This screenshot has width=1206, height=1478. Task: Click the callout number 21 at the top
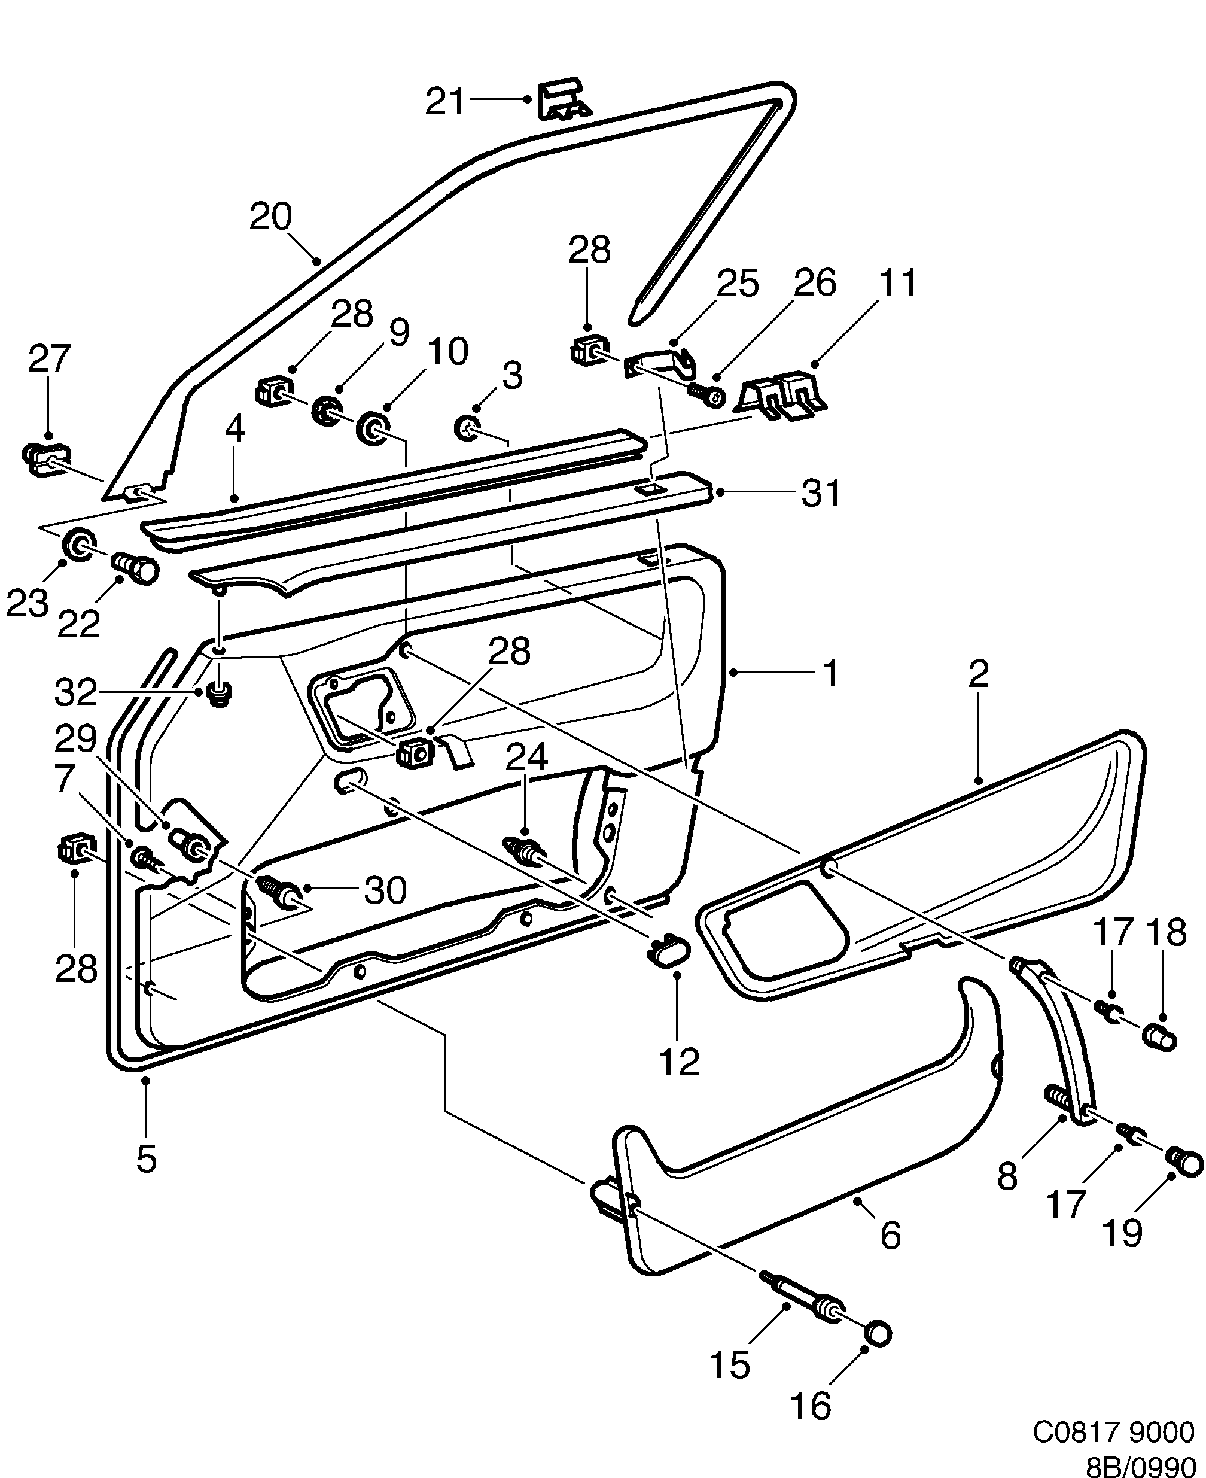pyautogui.click(x=444, y=102)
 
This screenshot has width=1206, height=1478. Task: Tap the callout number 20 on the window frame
pyautogui.click(x=271, y=217)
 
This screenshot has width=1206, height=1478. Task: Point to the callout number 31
pyautogui.click(x=821, y=493)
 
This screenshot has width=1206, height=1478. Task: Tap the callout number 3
pyautogui.click(x=512, y=376)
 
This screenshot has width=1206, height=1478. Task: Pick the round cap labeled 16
pyautogui.click(x=878, y=1333)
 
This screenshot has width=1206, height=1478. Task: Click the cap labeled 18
pyautogui.click(x=1159, y=1057)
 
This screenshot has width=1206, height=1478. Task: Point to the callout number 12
pyautogui.click(x=679, y=1063)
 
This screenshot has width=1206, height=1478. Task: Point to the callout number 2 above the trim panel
pyautogui.click(x=977, y=674)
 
